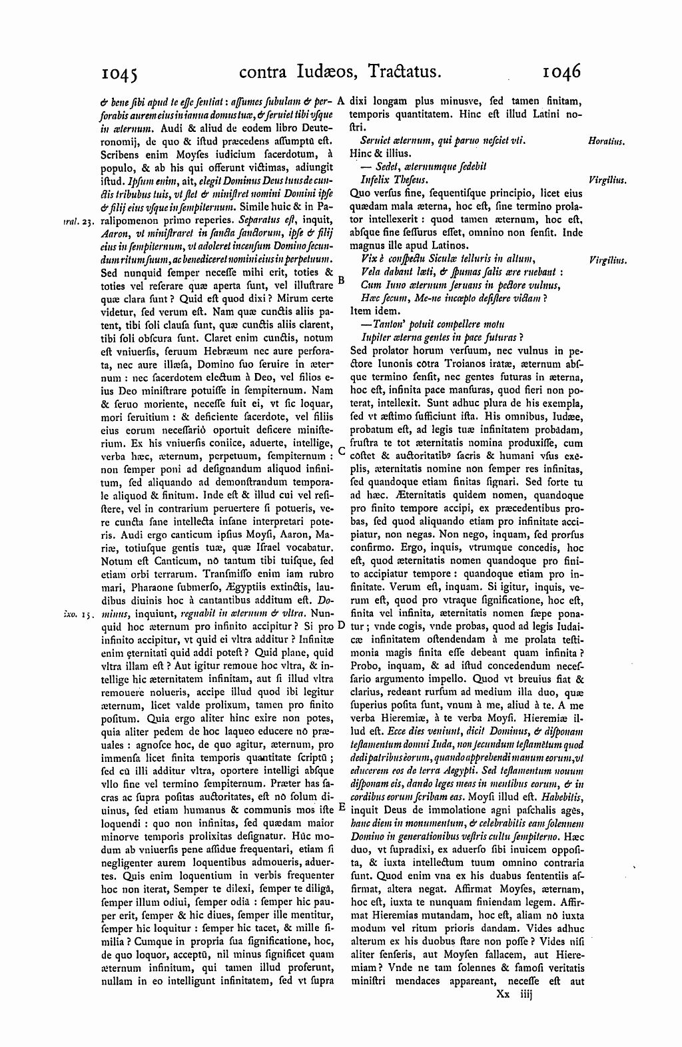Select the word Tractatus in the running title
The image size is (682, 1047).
pos(390,71)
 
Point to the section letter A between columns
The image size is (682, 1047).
pos(340,102)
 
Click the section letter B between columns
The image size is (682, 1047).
pos(341,280)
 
